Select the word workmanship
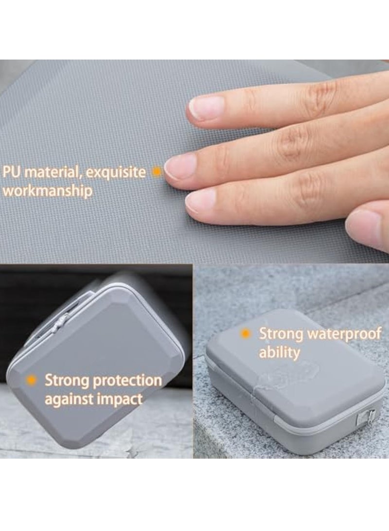(48, 191)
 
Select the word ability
(279, 352)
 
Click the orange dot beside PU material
(157, 172)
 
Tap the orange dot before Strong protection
(32, 380)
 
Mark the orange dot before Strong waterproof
(246, 334)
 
